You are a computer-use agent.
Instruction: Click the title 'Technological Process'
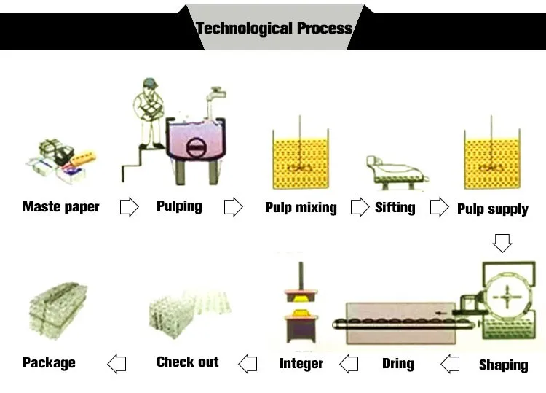coord(274,28)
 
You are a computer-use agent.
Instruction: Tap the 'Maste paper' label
coord(61,207)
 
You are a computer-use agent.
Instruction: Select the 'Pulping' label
coord(179,206)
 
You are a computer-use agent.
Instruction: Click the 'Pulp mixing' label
coord(301,208)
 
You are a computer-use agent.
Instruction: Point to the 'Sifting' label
coord(395,208)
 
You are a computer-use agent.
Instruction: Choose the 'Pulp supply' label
coord(493,209)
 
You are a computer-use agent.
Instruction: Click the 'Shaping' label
coord(504,365)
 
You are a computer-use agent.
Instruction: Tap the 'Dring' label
coord(398,363)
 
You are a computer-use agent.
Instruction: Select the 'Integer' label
coord(301,363)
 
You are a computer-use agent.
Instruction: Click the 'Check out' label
coord(188,362)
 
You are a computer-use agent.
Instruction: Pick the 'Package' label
coord(49,363)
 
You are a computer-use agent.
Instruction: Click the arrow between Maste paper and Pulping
coord(129,207)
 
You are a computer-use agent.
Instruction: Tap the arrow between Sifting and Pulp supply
coord(440,207)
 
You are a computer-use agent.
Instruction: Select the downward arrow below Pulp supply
coord(502,243)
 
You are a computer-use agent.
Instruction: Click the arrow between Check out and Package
coord(116,364)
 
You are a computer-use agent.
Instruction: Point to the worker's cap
coord(151,83)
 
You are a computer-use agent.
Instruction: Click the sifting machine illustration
coord(397,173)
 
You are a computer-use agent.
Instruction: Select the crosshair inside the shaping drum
coord(507,297)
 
